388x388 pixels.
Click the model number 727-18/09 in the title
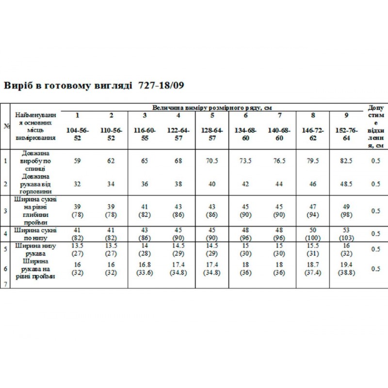161,85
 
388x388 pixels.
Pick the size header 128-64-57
212,134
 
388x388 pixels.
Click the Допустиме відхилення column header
376,126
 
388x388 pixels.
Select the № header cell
7,126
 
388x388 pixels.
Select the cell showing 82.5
346,161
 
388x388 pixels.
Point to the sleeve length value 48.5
346,184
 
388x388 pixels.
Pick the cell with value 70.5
212,161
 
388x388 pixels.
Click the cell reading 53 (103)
346,233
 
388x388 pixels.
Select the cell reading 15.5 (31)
313,249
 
